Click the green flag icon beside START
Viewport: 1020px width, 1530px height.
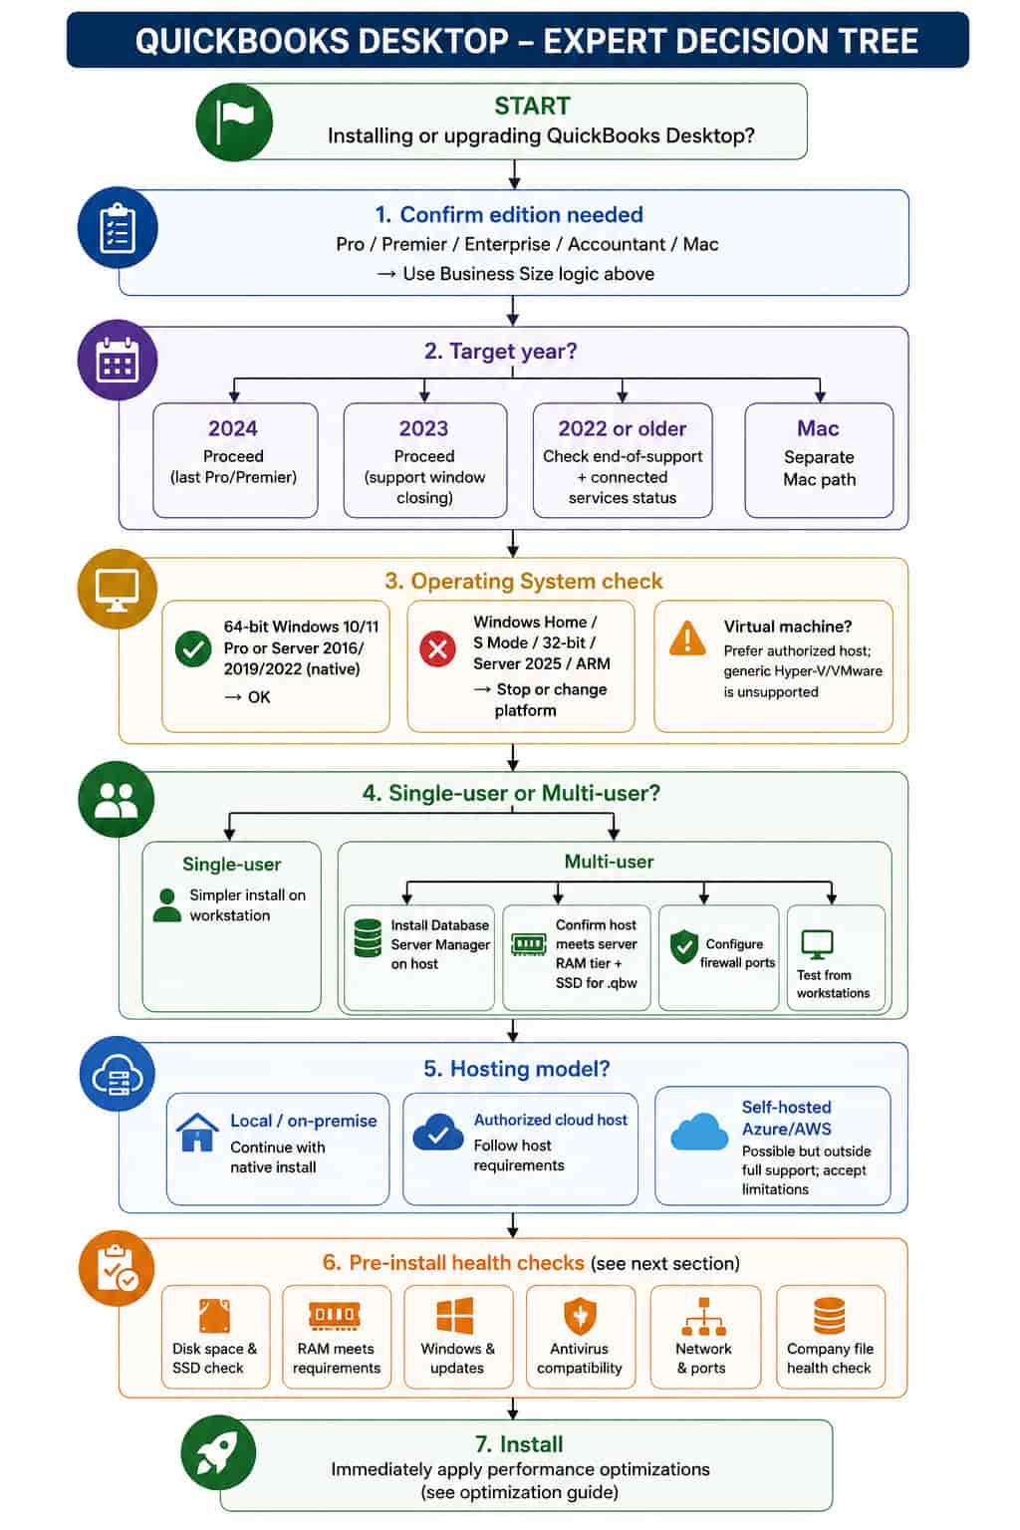pyautogui.click(x=234, y=123)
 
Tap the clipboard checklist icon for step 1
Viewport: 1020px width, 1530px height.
pyautogui.click(x=118, y=227)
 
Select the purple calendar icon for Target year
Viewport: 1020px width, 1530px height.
pyautogui.click(x=118, y=360)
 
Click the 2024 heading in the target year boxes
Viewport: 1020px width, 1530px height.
pyautogui.click(x=233, y=428)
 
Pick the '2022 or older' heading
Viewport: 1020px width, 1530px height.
pyautogui.click(x=622, y=428)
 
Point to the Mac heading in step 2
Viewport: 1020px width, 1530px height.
pyautogui.click(x=818, y=428)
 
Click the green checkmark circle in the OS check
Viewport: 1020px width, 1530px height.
pyautogui.click(x=193, y=648)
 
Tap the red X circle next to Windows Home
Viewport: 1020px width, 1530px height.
pyautogui.click(x=438, y=648)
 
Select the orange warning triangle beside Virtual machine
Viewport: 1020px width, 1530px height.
pyautogui.click(x=687, y=639)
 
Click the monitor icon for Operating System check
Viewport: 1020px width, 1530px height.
pyautogui.click(x=118, y=589)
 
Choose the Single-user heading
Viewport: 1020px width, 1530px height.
pyautogui.click(x=232, y=864)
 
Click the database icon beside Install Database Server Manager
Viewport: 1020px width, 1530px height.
pyautogui.click(x=368, y=937)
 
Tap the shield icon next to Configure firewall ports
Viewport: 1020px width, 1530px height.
pyautogui.click(x=684, y=946)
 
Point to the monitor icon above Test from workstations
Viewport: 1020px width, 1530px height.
pyautogui.click(x=817, y=944)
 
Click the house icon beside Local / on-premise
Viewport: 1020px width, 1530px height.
pyautogui.click(x=197, y=1133)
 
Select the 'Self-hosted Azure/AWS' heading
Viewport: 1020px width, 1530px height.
pyautogui.click(x=786, y=1118)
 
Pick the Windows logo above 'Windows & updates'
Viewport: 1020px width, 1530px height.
pyautogui.click(x=455, y=1315)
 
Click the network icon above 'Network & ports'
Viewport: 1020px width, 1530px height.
pyautogui.click(x=703, y=1316)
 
